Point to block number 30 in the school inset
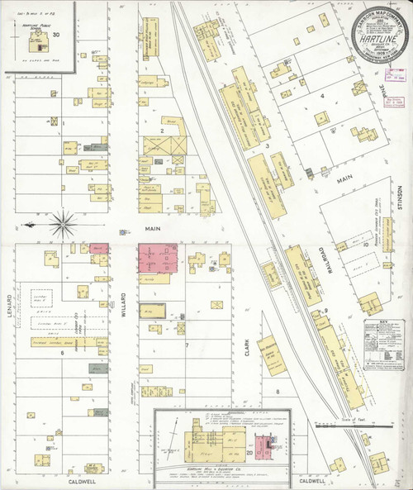coord(56,35)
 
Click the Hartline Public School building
coord(38,28)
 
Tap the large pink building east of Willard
coord(160,258)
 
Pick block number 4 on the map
coord(320,97)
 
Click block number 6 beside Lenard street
coord(62,353)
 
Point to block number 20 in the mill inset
coord(249,454)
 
